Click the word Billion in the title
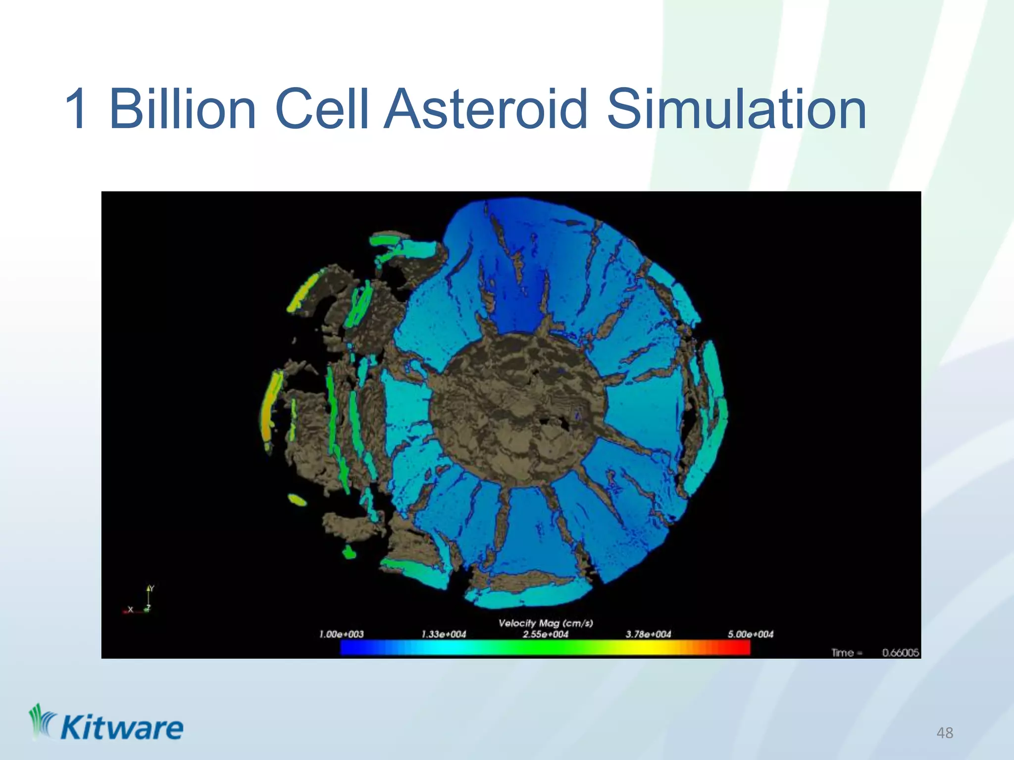(182, 108)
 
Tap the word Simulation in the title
(736, 108)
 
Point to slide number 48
(945, 733)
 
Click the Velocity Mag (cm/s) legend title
(545, 623)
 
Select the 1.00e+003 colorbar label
(341, 634)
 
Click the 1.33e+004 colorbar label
(444, 634)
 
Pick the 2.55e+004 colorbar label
(546, 634)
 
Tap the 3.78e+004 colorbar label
(648, 634)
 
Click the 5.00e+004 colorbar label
(750, 634)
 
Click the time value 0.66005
(900, 653)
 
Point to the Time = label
(846, 653)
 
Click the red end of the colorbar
(740, 648)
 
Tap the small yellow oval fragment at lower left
(297, 500)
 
